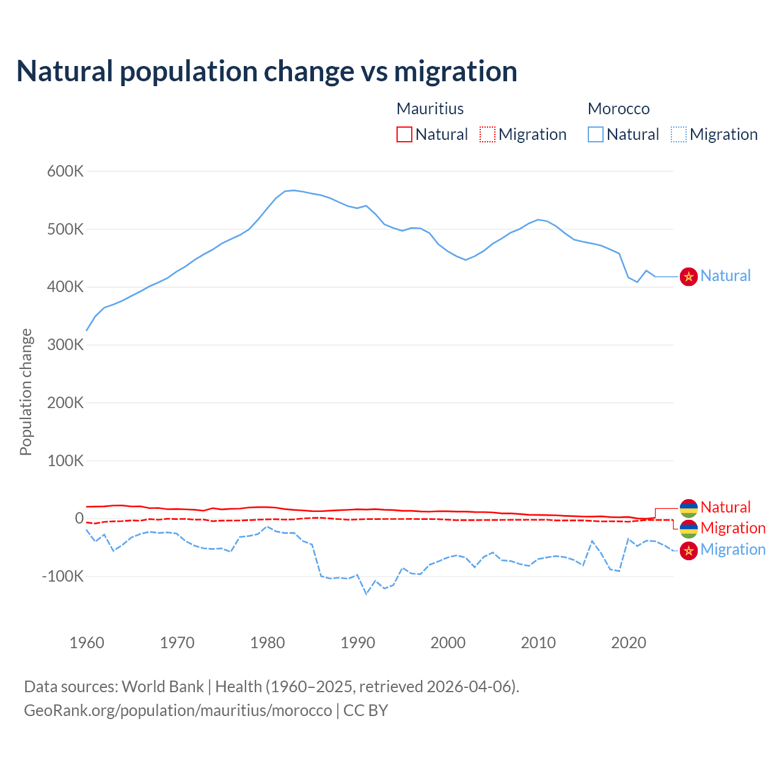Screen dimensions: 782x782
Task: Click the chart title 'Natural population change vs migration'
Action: pyautogui.click(x=266, y=71)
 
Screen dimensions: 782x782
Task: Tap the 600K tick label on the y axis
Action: pyautogui.click(x=65, y=171)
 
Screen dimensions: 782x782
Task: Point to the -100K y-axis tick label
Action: pyautogui.click(x=62, y=576)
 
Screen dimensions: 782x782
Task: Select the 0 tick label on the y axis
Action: pyautogui.click(x=79, y=518)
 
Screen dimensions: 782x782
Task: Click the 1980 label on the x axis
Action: pyautogui.click(x=268, y=643)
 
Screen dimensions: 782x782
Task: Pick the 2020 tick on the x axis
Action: pyautogui.click(x=629, y=643)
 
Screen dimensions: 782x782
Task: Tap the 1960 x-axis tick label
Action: pyautogui.click(x=87, y=643)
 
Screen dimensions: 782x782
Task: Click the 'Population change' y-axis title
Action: pyautogui.click(x=26, y=392)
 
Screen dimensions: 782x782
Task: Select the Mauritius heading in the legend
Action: pyautogui.click(x=430, y=109)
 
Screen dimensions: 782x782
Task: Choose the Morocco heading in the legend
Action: pyautogui.click(x=618, y=109)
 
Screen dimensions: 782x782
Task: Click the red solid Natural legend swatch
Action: pyautogui.click(x=404, y=134)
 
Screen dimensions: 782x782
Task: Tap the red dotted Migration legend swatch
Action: pyautogui.click(x=488, y=134)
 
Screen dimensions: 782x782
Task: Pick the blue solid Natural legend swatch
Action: pyautogui.click(x=596, y=134)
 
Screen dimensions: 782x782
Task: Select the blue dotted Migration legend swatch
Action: pyautogui.click(x=679, y=134)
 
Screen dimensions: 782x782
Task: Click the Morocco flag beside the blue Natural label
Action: pyautogui.click(x=689, y=276)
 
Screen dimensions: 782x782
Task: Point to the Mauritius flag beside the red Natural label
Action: pyautogui.click(x=689, y=508)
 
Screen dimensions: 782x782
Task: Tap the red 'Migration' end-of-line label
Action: pyautogui.click(x=733, y=528)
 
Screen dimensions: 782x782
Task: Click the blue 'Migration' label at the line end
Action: pyautogui.click(x=733, y=549)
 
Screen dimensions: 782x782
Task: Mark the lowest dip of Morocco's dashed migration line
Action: pyautogui.click(x=367, y=593)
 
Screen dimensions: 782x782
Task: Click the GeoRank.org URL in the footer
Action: pyautogui.click(x=178, y=711)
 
